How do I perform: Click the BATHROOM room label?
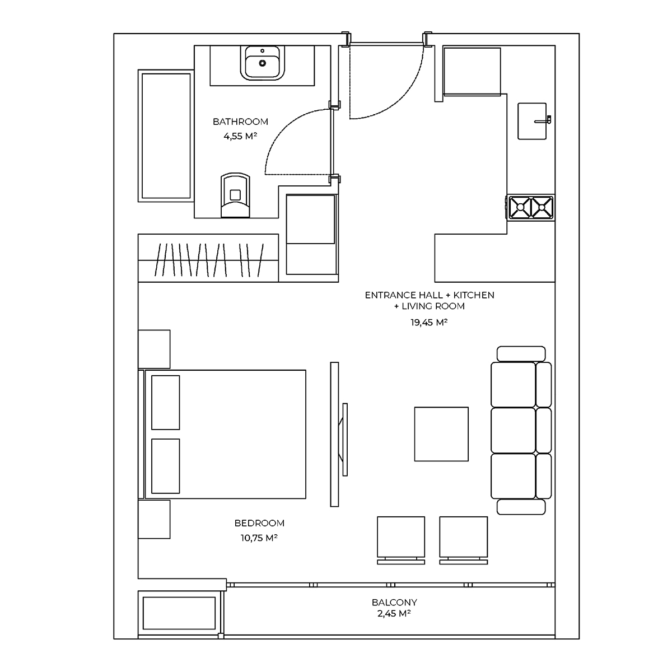tap(240, 122)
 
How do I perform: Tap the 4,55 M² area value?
tap(240, 136)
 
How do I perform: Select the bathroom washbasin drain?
tap(262, 63)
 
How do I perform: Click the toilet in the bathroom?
tap(235, 195)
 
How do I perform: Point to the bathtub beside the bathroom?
tap(166, 136)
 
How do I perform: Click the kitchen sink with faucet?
tap(534, 121)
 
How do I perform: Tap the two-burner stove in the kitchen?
tap(530, 208)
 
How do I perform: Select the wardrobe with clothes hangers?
tap(208, 258)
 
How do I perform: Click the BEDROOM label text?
tap(259, 523)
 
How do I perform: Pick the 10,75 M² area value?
tap(259, 538)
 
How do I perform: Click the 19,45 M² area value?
tap(429, 322)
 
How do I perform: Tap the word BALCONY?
tap(394, 602)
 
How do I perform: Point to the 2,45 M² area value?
tap(394, 613)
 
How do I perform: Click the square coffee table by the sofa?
tap(441, 434)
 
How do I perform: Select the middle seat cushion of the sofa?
tap(513, 430)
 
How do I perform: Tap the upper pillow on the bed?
tap(166, 403)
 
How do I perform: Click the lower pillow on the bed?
tap(166, 466)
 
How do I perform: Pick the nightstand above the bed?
tap(154, 349)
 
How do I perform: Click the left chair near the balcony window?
tap(401, 540)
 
